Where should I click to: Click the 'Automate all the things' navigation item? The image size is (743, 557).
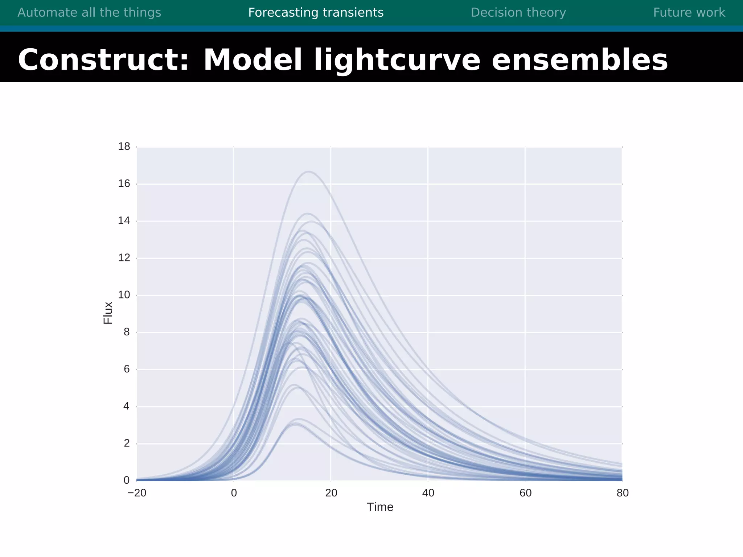click(89, 13)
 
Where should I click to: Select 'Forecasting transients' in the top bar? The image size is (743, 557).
click(316, 13)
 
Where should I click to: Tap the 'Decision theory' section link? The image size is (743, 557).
click(518, 13)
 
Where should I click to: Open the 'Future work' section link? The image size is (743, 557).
click(689, 13)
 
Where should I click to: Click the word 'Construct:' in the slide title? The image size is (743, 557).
click(104, 60)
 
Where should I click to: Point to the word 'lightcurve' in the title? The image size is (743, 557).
click(397, 60)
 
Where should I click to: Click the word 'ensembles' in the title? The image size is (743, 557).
click(579, 60)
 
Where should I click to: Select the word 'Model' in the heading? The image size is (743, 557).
click(253, 60)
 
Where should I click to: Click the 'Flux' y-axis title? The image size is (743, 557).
click(108, 313)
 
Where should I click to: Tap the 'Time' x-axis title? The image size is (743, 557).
click(380, 507)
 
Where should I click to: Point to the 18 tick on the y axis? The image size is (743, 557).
click(124, 147)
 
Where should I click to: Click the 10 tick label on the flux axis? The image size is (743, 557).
click(124, 295)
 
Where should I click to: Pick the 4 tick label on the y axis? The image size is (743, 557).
click(126, 406)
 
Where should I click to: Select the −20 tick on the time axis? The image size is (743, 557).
click(137, 493)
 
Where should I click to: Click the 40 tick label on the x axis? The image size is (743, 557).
click(428, 493)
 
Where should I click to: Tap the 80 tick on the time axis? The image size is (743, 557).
click(623, 493)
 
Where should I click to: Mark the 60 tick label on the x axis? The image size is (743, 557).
click(525, 493)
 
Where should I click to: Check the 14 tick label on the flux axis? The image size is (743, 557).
click(124, 220)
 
